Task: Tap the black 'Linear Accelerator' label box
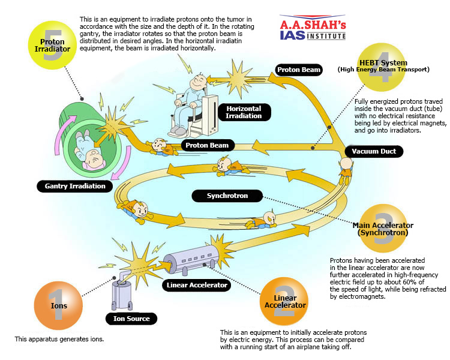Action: (x=197, y=285)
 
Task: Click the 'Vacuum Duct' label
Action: (x=374, y=151)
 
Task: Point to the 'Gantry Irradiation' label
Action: (x=75, y=186)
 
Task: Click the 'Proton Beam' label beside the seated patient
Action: (x=299, y=70)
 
